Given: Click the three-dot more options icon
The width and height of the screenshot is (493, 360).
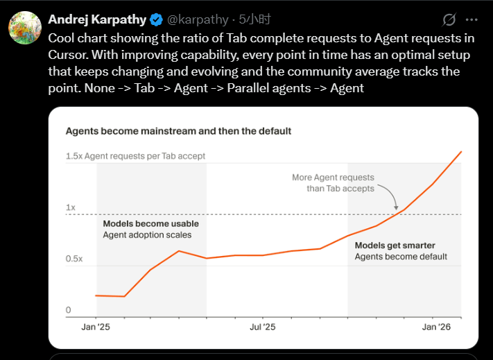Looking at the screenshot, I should pyautogui.click(x=472, y=19).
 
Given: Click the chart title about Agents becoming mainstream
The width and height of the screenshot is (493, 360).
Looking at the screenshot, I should pyautogui.click(x=178, y=130).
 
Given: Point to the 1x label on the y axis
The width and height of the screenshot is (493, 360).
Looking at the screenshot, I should pyautogui.click(x=71, y=207).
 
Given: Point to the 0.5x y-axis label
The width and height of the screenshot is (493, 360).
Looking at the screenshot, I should pyautogui.click(x=74, y=259).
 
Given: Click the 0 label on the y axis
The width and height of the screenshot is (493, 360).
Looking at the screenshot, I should pyautogui.click(x=69, y=310).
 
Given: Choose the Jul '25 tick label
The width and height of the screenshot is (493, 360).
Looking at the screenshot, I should pyautogui.click(x=262, y=327).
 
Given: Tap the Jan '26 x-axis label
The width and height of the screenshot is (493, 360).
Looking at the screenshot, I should pyautogui.click(x=436, y=327).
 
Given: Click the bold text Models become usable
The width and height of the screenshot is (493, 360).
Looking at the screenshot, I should pyautogui.click(x=150, y=224).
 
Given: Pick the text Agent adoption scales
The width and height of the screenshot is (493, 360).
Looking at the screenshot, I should pyautogui.click(x=147, y=235).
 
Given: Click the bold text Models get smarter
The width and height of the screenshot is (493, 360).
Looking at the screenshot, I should pyautogui.click(x=395, y=246).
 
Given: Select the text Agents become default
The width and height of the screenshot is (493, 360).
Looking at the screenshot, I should pyautogui.click(x=401, y=257).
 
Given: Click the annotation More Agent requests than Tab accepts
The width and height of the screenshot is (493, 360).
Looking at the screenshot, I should pyautogui.click(x=333, y=183).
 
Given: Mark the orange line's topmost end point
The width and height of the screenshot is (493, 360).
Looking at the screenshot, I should pyautogui.click(x=461, y=151).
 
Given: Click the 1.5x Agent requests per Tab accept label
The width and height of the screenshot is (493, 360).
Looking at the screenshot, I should pyautogui.click(x=135, y=156).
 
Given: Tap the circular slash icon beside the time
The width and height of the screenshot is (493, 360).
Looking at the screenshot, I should pyautogui.click(x=449, y=19).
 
